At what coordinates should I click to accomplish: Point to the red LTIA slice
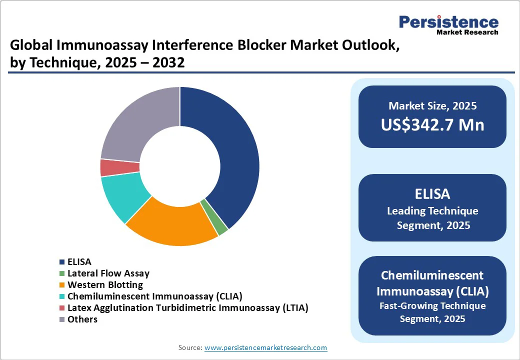click(x=119, y=167)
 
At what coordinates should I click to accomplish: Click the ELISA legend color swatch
click(x=62, y=262)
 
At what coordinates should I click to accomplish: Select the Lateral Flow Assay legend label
click(x=108, y=273)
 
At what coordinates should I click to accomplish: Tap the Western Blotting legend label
click(x=105, y=285)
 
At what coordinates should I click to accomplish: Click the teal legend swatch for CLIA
click(x=62, y=296)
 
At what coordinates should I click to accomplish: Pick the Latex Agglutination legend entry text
click(x=187, y=308)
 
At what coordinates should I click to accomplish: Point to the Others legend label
click(x=82, y=319)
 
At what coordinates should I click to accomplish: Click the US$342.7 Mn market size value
click(x=432, y=125)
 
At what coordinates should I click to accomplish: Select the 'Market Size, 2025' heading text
click(x=432, y=105)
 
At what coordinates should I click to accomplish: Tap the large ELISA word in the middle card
click(x=432, y=194)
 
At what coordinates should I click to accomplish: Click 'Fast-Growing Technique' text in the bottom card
click(x=432, y=305)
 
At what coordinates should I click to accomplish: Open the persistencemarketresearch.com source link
click(x=265, y=347)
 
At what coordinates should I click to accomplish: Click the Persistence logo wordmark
click(x=448, y=22)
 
